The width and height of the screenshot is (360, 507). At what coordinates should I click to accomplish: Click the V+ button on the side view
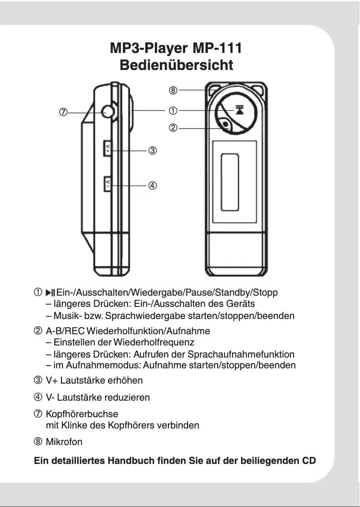click(108, 148)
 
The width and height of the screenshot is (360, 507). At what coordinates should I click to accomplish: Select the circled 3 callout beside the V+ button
click(152, 151)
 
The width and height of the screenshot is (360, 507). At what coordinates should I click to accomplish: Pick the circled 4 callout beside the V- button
click(152, 185)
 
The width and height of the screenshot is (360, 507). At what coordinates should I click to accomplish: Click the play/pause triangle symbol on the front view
click(238, 110)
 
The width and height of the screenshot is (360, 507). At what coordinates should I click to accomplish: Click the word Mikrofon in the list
click(64, 442)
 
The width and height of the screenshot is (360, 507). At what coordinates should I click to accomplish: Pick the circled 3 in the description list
click(39, 381)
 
